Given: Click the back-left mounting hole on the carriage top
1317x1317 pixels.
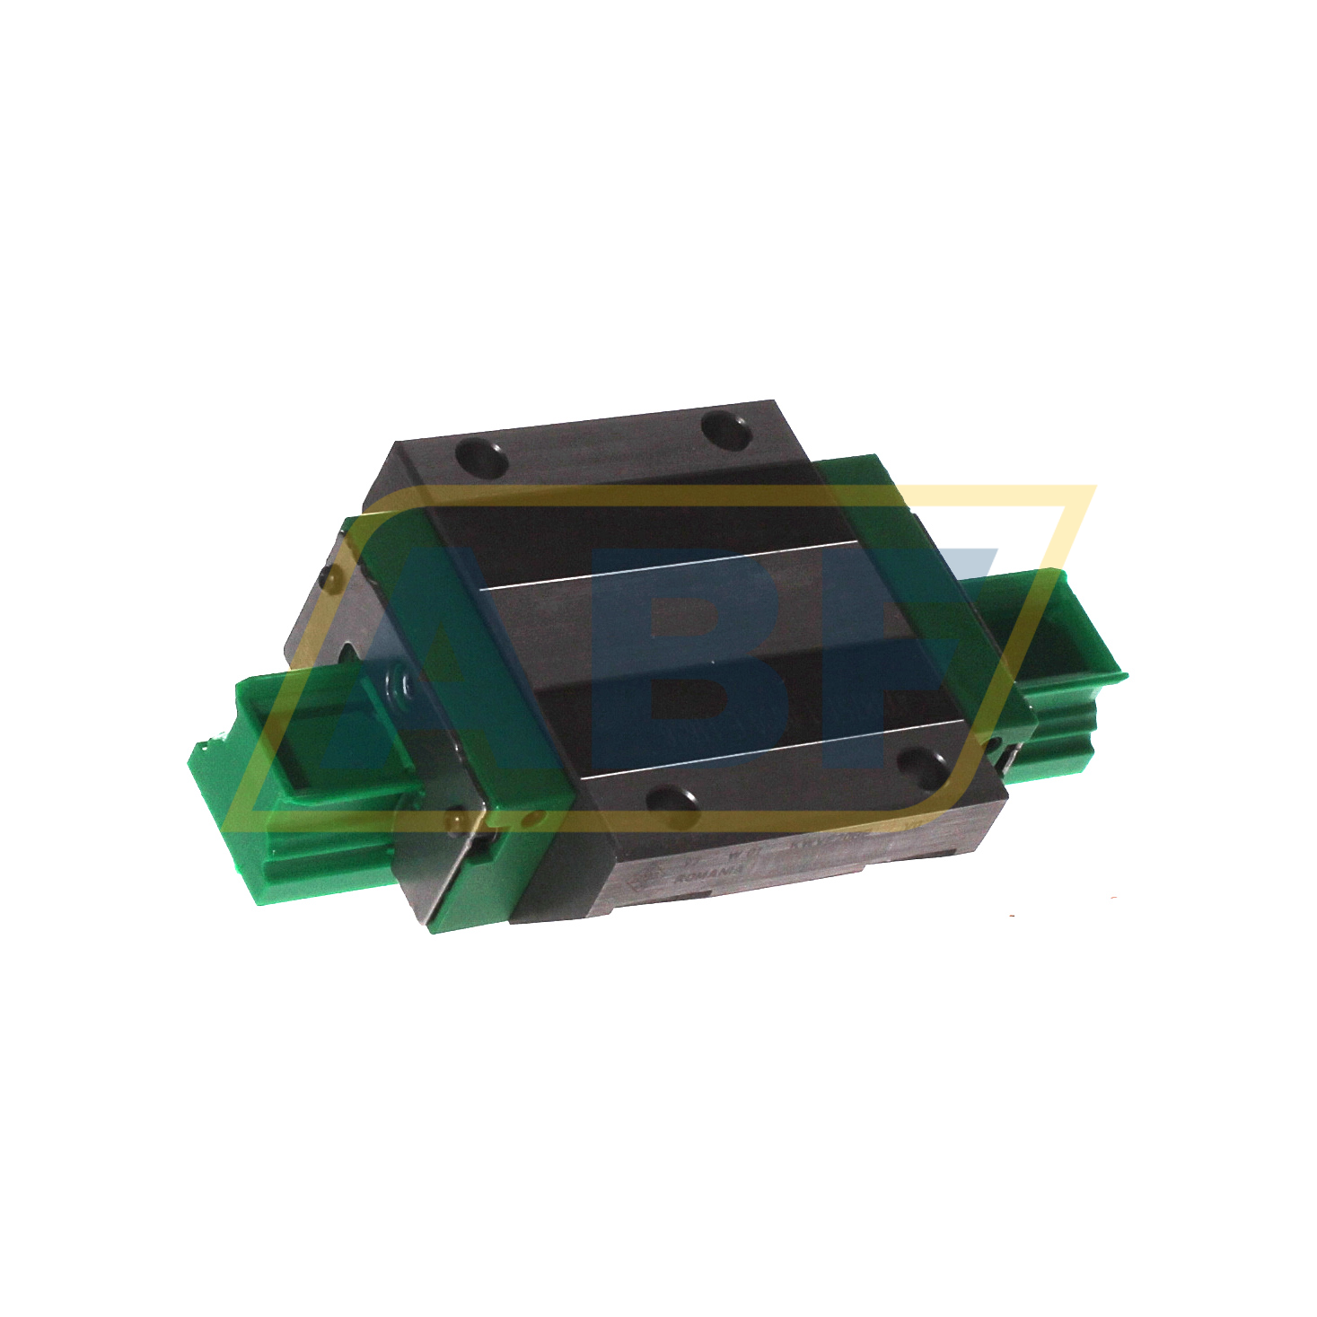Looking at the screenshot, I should pyautogui.click(x=482, y=458).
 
